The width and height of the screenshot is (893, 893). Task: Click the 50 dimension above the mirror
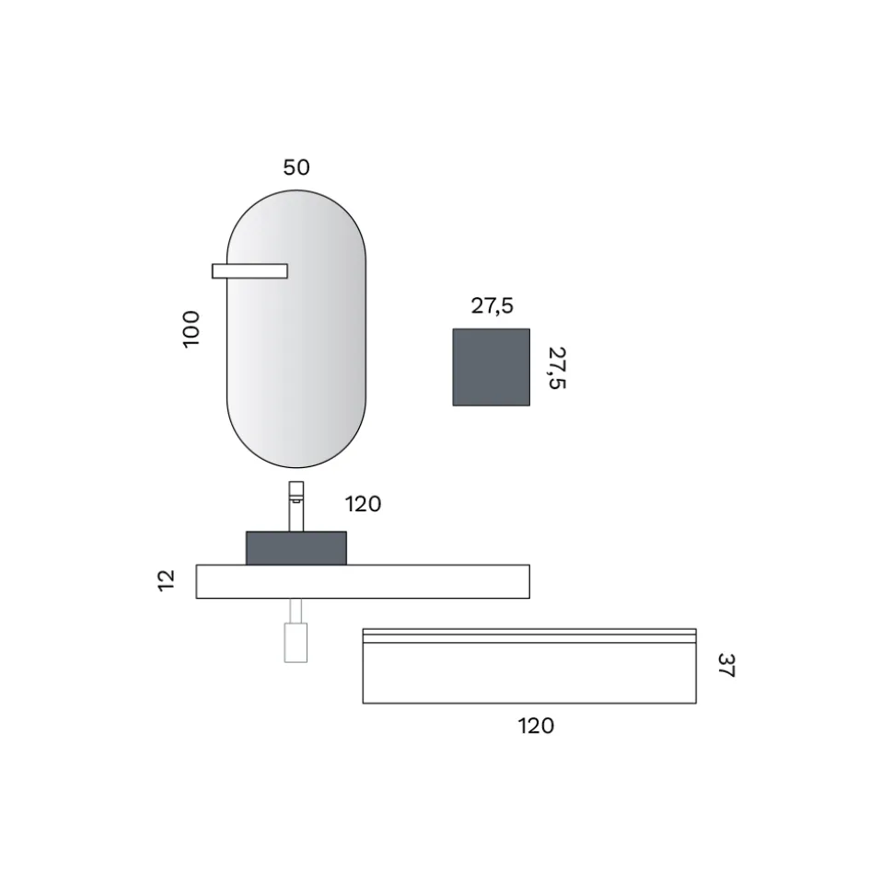tap(296, 167)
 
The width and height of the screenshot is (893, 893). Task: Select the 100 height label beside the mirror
tap(191, 329)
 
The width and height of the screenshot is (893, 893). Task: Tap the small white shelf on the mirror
tap(249, 271)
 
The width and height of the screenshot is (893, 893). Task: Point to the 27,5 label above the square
tap(493, 306)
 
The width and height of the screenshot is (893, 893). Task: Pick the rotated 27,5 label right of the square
tap(557, 368)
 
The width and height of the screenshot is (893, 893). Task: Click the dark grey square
tap(491, 367)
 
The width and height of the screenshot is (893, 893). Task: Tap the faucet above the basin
tap(296, 507)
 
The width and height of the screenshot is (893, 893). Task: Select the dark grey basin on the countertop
tap(296, 548)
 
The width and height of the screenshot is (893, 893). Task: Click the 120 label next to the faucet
tap(364, 504)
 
